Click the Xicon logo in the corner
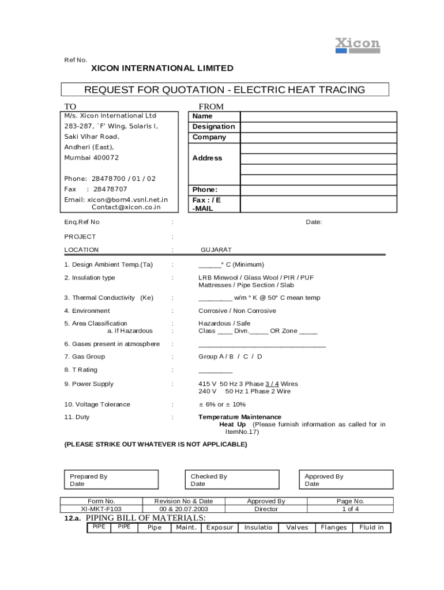[358, 45]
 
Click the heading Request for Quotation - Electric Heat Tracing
[225, 90]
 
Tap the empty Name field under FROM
[318, 116]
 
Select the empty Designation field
[318, 127]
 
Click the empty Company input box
[318, 138]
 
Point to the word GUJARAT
[216, 250]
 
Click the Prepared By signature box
[110, 480]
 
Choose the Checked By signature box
[235, 480]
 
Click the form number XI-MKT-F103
[101, 509]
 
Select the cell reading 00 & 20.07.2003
[184, 509]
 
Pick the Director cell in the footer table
[266, 509]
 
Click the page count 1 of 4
[351, 509]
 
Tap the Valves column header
[297, 528]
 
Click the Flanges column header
[334, 528]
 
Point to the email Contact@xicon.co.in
[126, 207]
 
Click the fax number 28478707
[110, 190]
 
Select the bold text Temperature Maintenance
[240, 417]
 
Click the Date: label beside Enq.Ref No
[314, 222]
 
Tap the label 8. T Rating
[81, 370]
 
